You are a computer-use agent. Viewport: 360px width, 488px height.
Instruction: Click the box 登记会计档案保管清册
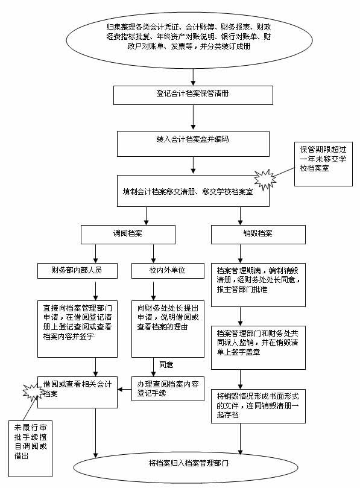[x=193, y=95]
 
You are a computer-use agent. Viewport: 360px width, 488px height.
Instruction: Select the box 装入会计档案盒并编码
[x=193, y=144]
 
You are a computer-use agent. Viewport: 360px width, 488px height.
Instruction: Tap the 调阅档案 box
[x=128, y=235]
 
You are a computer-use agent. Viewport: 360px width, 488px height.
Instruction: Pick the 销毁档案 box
[x=258, y=235]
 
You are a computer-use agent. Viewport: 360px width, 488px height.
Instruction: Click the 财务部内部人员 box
[x=77, y=271]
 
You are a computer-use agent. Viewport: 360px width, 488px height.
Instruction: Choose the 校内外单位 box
[x=168, y=271]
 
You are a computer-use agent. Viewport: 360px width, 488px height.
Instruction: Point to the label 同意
[x=166, y=365]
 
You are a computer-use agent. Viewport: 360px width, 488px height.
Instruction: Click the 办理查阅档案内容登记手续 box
[x=168, y=388]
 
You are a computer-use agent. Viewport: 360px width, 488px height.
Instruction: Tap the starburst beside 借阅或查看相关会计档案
[x=33, y=391]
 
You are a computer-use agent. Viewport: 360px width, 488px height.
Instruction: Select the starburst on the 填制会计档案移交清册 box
[x=265, y=180]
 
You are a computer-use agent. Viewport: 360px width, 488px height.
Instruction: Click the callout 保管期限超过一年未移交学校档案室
[x=323, y=164]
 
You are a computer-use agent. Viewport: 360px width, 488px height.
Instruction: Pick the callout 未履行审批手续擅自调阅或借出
[x=30, y=448]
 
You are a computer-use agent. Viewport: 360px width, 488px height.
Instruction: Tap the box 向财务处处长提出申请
[x=168, y=329]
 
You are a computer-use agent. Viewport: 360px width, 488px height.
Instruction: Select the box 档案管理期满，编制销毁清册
[x=258, y=285]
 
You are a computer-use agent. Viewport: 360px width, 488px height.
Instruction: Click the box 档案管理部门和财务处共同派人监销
[x=258, y=347]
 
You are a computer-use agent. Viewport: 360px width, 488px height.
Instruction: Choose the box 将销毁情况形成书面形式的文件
[x=258, y=406]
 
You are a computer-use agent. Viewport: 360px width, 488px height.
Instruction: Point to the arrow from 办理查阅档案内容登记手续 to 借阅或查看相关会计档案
[x=124, y=389]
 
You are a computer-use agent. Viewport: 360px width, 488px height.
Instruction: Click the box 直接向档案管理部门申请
[x=77, y=329]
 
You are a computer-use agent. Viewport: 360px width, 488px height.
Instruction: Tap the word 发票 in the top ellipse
[x=178, y=46]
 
